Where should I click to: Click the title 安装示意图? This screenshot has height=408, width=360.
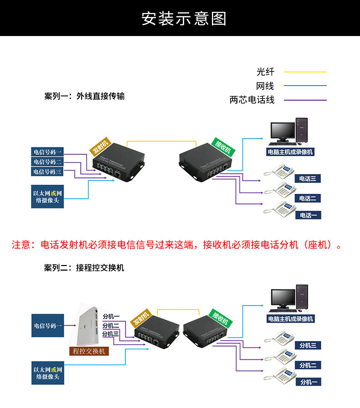(184, 19)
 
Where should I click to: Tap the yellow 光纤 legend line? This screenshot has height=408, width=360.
(305, 72)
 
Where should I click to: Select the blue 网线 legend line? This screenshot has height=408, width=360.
(305, 86)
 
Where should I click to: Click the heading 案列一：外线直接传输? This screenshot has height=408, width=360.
(84, 97)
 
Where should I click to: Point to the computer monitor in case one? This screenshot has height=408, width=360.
(281, 132)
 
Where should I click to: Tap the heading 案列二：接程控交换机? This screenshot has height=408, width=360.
(84, 268)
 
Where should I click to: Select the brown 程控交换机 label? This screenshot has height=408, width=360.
(89, 351)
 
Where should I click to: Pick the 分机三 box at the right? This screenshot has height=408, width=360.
(308, 346)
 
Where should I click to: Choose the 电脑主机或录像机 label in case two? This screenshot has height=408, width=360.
(291, 319)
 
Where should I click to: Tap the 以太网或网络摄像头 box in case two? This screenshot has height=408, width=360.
(47, 372)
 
